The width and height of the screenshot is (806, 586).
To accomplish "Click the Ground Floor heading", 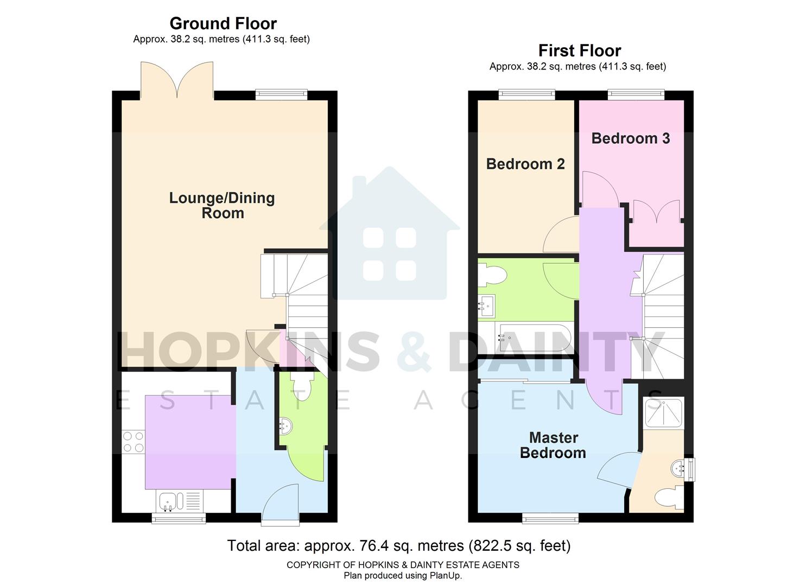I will pos(223,23).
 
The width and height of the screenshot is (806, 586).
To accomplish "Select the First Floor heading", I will pos(579,50).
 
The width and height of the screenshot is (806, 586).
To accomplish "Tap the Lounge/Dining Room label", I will pos(222,205).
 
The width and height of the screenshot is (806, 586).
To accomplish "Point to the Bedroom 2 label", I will pos(525,164).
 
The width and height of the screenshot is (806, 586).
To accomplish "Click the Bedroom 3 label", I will pos(630,138).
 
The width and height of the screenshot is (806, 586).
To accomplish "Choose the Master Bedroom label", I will pos(553,445).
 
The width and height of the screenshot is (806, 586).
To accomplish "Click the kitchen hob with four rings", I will pos(133,441).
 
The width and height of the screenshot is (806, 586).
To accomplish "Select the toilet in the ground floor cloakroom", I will pos(302,386).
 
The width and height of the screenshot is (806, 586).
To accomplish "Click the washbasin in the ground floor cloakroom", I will pos(285,426).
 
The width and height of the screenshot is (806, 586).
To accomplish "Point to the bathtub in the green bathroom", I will pos(535,338).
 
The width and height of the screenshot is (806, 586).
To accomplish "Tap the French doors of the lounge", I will pos(177,80).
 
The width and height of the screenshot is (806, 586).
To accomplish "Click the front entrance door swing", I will pos(281,505).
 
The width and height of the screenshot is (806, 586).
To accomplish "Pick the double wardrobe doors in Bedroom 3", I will pos(656,212).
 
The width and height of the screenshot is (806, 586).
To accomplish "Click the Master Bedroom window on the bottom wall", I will pos(550,519).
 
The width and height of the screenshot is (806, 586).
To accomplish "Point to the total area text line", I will pos(398,545).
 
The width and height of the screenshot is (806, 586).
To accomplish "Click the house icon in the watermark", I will pos(389,233).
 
